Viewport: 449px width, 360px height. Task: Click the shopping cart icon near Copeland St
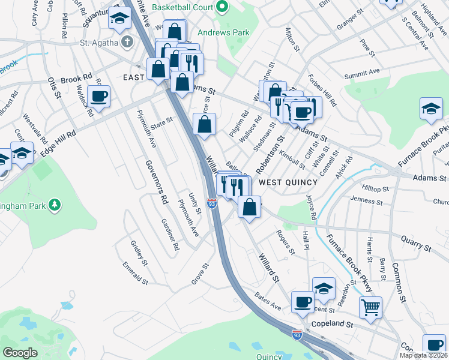(370, 307)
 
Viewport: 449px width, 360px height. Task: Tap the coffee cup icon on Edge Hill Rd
(98, 95)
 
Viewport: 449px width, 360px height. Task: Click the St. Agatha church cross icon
(126, 43)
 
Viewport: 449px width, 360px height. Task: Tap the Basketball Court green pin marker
(223, 7)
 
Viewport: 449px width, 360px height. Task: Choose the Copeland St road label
(336, 324)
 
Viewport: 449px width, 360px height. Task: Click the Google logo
(20, 352)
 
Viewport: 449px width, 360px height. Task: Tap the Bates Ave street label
(268, 298)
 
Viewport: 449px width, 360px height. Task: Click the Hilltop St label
(376, 188)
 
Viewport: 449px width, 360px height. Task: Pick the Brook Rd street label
(76, 79)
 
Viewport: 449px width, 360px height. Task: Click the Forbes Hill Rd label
(323, 90)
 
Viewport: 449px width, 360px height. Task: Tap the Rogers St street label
(285, 241)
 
